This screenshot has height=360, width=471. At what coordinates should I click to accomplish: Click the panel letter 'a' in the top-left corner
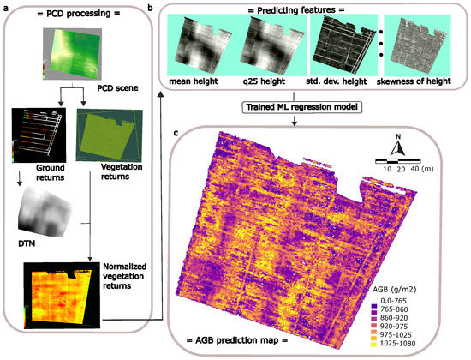5,6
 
